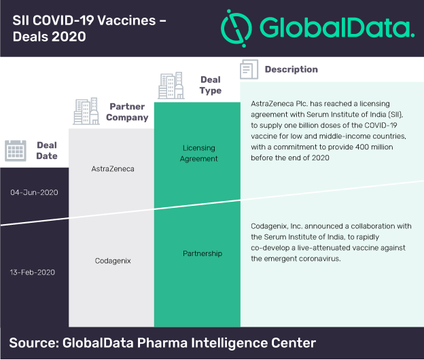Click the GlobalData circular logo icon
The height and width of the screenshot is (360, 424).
pyautogui.click(x=236, y=29)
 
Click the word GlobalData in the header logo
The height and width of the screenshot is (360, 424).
pyautogui.click(x=337, y=27)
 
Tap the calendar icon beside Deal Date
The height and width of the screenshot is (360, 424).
pyautogui.click(x=16, y=151)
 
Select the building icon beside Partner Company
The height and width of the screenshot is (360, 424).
pyautogui.click(x=86, y=111)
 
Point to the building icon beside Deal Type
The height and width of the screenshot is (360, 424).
pyautogui.click(x=171, y=86)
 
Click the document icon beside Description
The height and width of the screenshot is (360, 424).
pyautogui.click(x=249, y=69)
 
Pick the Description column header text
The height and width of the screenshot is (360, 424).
pyautogui.click(x=291, y=69)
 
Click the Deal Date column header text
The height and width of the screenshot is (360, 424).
pyautogui.click(x=47, y=151)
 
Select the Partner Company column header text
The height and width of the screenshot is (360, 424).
pyautogui.click(x=127, y=112)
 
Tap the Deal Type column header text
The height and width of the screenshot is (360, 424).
pyautogui.click(x=211, y=85)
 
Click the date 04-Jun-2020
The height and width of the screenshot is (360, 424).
pyautogui.click(x=34, y=192)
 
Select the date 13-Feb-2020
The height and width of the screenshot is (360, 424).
pyautogui.click(x=33, y=272)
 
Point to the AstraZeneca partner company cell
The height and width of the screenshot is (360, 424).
pyautogui.click(x=113, y=169)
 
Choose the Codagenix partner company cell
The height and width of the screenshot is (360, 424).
pyautogui.click(x=113, y=261)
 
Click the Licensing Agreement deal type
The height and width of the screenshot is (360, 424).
pyautogui.click(x=198, y=154)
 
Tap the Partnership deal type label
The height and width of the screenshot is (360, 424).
pyautogui.click(x=202, y=253)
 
